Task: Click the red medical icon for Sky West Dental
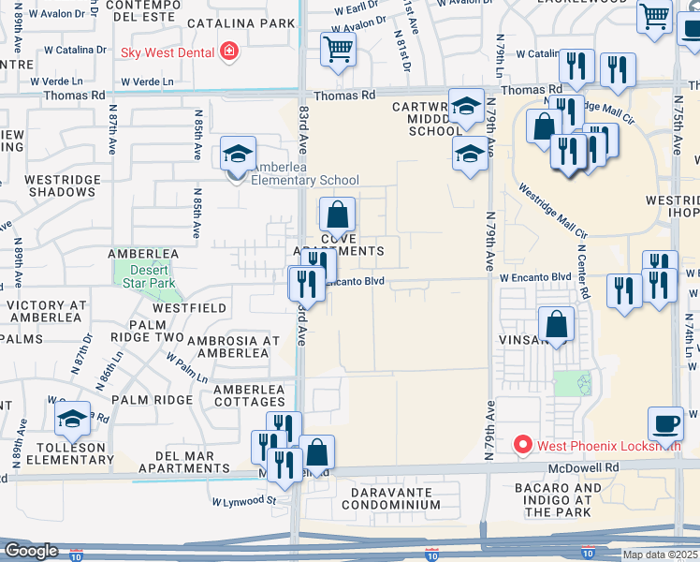tap(227, 52)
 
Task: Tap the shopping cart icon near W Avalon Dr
tap(338, 49)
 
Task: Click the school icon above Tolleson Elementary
tap(72, 421)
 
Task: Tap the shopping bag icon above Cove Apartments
tap(337, 214)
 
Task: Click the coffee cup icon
tap(665, 422)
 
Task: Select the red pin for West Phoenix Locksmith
tap(523, 446)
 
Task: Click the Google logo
tap(31, 551)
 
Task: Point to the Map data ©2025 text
tap(660, 555)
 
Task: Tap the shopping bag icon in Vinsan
tap(557, 325)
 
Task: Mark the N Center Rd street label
tap(582, 272)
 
